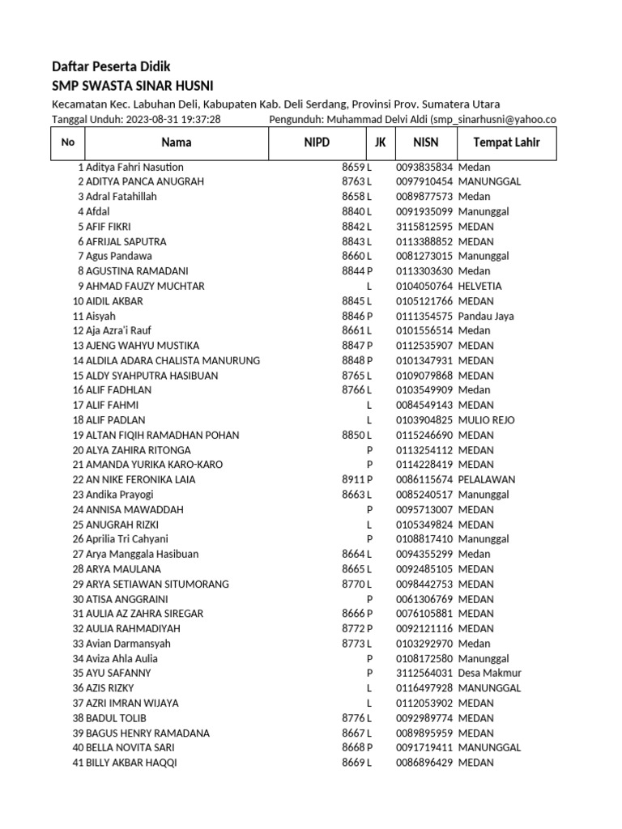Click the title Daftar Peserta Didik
pyautogui.click(x=111, y=66)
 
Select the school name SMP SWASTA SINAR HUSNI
pyautogui.click(x=133, y=86)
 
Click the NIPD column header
pyautogui.click(x=317, y=142)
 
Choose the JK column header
pyautogui.click(x=380, y=142)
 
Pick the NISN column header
pyautogui.click(x=425, y=142)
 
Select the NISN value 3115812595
pyautogui.click(x=424, y=227)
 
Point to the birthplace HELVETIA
pyautogui.click(x=479, y=286)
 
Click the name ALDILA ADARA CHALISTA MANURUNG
pyautogui.click(x=173, y=360)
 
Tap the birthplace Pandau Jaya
pyautogui.click(x=486, y=316)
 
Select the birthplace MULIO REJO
pyautogui.click(x=486, y=420)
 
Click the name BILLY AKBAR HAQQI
pyautogui.click(x=130, y=763)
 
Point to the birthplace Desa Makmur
pyautogui.click(x=489, y=673)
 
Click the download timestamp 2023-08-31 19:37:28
pyautogui.click(x=173, y=120)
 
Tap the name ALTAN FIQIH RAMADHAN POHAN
pyautogui.click(x=162, y=435)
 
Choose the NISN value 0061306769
pyautogui.click(x=424, y=599)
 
